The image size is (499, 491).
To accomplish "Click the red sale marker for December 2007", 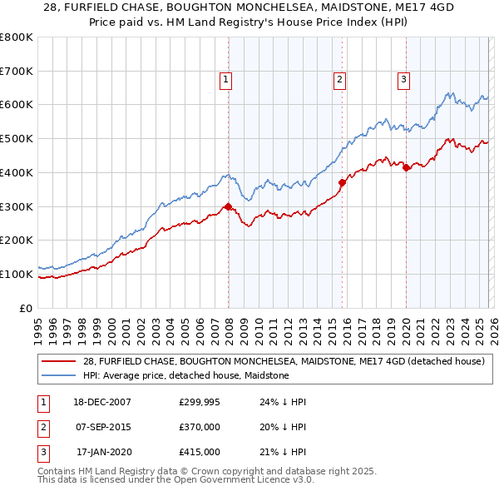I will (228, 207).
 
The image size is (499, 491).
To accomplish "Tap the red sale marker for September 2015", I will (342, 182).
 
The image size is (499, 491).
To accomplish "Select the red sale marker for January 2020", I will (406, 167).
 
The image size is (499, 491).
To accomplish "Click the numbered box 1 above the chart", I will (225, 80).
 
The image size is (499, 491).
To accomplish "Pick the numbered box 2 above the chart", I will (340, 80).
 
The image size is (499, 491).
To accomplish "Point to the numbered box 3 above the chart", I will (403, 80).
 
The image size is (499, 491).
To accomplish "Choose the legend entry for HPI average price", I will (185, 376).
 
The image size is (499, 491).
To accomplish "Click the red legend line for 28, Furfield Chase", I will (58, 361).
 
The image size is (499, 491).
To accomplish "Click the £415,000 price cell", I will (200, 452).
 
